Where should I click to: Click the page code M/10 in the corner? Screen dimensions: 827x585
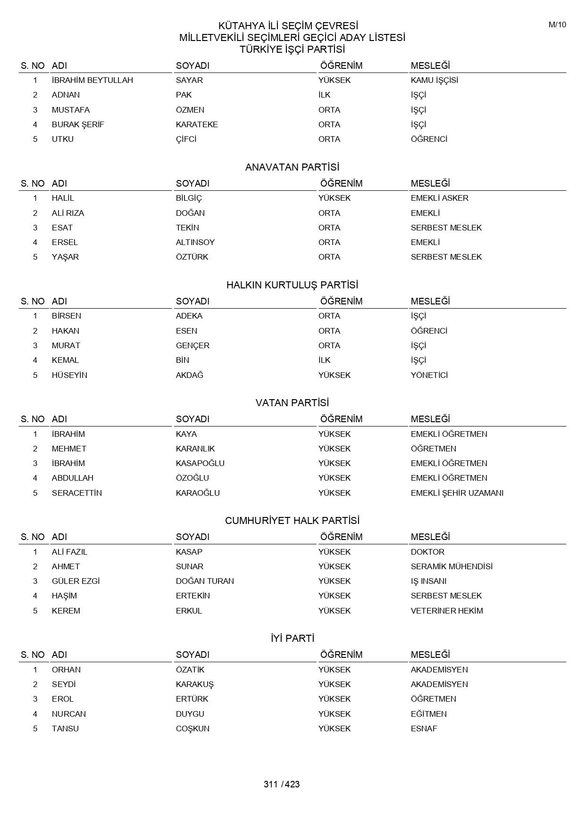[557, 25]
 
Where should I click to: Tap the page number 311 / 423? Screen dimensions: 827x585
[282, 785]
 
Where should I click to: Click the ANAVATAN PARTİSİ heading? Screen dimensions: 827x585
[292, 167]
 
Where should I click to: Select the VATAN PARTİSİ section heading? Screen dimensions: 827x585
[292, 403]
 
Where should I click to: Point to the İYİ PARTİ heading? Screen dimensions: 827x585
[292, 639]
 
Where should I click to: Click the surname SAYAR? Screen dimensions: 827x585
[189, 80]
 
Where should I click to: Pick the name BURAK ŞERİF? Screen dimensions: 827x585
[78, 124]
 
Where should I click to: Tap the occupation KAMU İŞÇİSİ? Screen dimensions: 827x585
[434, 80]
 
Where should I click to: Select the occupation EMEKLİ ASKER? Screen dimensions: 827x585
[439, 198]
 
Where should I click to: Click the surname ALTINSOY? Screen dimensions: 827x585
[195, 242]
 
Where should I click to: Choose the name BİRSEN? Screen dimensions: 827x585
[66, 316]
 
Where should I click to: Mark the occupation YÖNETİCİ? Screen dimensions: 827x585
[429, 375]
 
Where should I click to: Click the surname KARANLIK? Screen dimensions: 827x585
[195, 449]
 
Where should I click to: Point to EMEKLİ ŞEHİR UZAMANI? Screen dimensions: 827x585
[457, 493]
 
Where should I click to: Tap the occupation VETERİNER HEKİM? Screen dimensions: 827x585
[446, 611]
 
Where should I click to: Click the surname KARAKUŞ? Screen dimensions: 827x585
[194, 684]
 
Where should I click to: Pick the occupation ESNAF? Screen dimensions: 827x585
[424, 729]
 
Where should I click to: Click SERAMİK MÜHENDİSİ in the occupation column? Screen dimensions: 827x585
[451, 566]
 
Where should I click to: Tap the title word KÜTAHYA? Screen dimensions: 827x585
[239, 26]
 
